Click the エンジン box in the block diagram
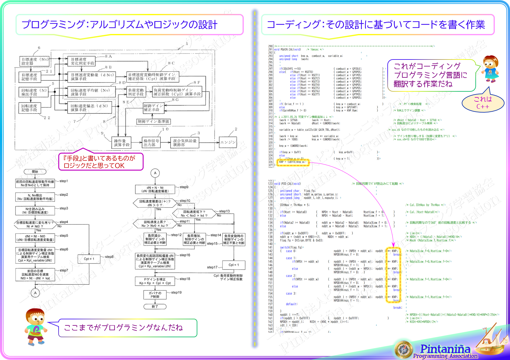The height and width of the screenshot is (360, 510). (228, 142)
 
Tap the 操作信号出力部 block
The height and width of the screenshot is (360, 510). (151, 143)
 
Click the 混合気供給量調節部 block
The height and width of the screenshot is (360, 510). (185, 143)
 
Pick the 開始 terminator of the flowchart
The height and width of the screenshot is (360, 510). (35, 172)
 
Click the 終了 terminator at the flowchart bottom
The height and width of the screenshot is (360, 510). (155, 307)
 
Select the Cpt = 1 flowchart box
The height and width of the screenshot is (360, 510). (89, 259)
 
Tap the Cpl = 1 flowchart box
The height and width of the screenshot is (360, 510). (233, 265)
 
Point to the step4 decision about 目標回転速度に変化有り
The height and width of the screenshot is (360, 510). (35, 224)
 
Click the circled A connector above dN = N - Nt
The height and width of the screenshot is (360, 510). (155, 173)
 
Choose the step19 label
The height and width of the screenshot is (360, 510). (176, 293)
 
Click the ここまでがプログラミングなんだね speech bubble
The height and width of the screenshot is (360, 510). (127, 328)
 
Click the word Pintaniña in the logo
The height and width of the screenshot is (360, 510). (445, 349)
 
